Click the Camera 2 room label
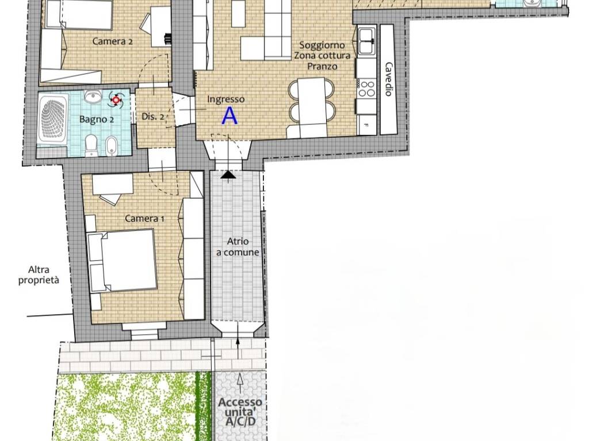point(112,41)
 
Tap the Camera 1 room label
point(144,218)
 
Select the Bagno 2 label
point(97,119)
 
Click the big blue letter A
point(230,115)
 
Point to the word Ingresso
point(225,99)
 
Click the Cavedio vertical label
point(388,79)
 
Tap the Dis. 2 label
point(153,117)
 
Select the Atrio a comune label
point(238,247)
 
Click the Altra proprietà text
point(39,275)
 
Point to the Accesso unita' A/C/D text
point(240,412)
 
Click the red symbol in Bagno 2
point(116,100)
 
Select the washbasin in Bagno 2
point(93,97)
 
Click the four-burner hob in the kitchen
point(366,88)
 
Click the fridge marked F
point(366,125)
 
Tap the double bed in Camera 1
point(123,261)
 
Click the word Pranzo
point(322,67)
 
